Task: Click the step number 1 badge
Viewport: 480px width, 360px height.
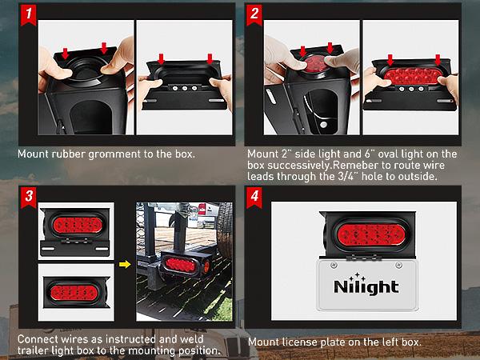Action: click(x=29, y=14)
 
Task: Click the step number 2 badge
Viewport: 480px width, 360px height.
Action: click(x=254, y=14)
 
